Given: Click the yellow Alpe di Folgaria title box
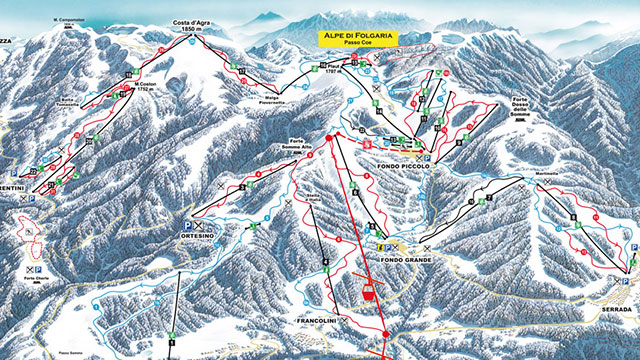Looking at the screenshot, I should pyautogui.click(x=358, y=39).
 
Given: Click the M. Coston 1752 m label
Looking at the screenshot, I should pyautogui.click(x=147, y=86).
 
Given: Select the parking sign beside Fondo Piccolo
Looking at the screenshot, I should pyautogui.click(x=429, y=158).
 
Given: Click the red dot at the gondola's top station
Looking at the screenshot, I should pyautogui.click(x=331, y=134).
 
